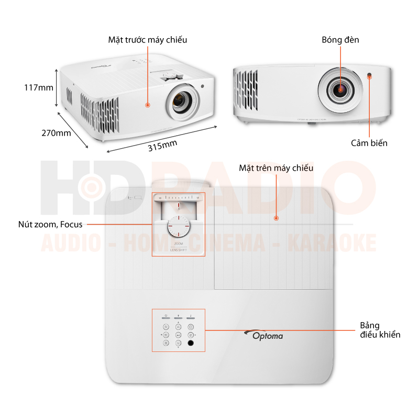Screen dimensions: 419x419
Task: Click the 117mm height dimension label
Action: (39, 87)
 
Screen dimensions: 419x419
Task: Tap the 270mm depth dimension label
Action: (56, 133)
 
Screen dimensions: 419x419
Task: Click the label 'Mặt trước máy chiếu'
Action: (148, 40)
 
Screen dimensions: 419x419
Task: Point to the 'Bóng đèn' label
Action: (340, 40)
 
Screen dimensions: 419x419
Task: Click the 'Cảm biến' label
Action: (369, 142)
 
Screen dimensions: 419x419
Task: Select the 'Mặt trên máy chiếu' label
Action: (276, 168)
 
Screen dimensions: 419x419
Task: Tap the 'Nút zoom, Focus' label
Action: (51, 225)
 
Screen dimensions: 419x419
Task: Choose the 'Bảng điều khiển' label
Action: (380, 330)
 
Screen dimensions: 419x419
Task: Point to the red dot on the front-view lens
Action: (340, 89)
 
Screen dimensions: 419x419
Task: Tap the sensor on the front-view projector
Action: (371, 75)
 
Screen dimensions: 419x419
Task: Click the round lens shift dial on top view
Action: (178, 228)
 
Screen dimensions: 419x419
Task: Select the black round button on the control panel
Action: (190, 344)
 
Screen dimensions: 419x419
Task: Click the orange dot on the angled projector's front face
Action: (148, 105)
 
